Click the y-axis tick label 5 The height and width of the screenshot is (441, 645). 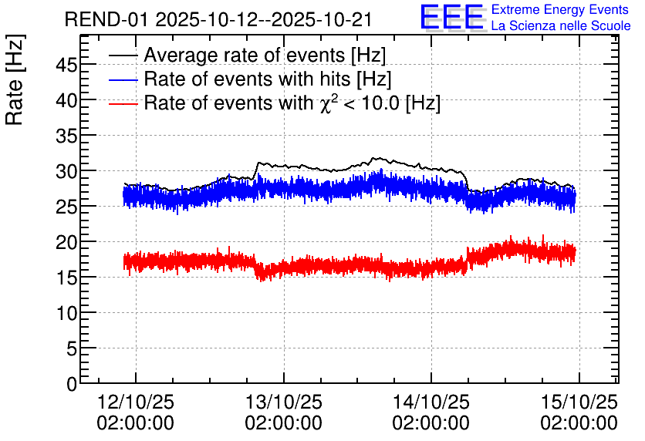tap(71, 348)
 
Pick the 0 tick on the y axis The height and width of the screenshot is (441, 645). tap(71, 383)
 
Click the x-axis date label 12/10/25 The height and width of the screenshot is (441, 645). tap(136, 402)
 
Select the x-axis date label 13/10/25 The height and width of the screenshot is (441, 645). tap(283, 402)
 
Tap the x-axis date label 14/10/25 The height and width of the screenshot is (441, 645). tap(431, 402)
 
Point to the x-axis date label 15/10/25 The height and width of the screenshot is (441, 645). tap(579, 402)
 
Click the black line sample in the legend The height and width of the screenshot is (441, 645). tap(123, 56)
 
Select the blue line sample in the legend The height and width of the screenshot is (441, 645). tap(123, 80)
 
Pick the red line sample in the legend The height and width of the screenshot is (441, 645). tap(123, 103)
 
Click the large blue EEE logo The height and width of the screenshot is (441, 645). tap(452, 17)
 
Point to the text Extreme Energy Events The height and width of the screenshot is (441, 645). tap(560, 10)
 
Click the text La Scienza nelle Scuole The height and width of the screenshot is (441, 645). tap(561, 26)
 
